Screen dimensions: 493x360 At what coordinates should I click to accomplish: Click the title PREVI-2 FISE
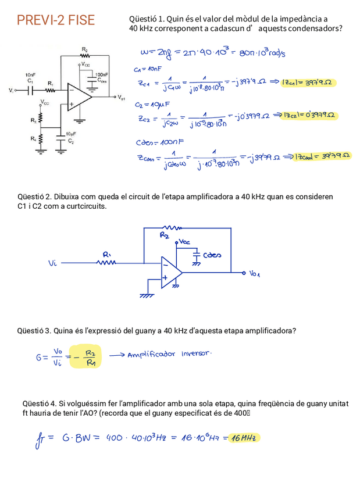(55, 21)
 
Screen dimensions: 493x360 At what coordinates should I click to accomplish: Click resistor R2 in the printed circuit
(85, 56)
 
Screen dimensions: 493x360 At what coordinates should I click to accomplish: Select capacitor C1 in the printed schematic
(31, 91)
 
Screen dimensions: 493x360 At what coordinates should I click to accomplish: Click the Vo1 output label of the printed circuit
(122, 99)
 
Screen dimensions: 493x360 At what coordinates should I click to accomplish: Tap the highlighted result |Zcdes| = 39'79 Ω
(323, 156)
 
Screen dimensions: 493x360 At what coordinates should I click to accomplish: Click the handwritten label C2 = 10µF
(152, 106)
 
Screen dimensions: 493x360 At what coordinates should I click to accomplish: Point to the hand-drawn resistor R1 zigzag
(107, 262)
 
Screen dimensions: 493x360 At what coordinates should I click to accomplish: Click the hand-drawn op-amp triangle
(171, 271)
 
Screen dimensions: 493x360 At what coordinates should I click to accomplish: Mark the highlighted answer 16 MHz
(244, 438)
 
